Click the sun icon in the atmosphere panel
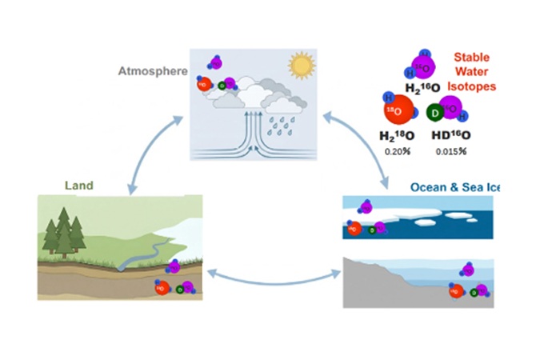pyautogui.click(x=302, y=64)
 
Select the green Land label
pyautogui.click(x=78, y=186)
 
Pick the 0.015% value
pyautogui.click(x=451, y=150)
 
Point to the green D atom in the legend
pyautogui.click(x=437, y=113)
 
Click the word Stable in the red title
pyautogui.click(x=470, y=57)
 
